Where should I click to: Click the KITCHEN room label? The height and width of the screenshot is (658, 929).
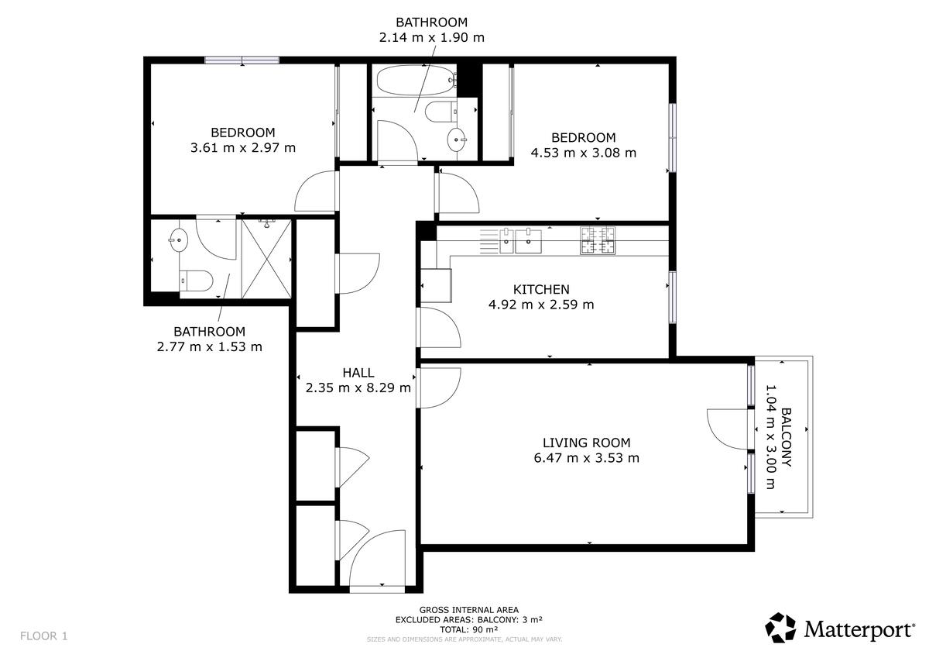pos(541,289)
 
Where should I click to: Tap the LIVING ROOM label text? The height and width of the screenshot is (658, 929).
pos(587,443)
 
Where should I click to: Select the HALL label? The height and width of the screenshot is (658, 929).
pos(358,373)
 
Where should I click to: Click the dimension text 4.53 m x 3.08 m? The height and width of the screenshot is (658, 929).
pos(583,153)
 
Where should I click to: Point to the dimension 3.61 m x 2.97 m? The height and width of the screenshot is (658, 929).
pos(243,148)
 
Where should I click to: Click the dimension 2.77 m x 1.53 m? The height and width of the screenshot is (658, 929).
pos(210,346)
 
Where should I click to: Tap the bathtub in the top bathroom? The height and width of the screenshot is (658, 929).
pos(417,80)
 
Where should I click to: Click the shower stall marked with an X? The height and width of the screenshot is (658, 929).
pos(266,259)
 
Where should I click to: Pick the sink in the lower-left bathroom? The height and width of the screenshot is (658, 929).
pos(178,240)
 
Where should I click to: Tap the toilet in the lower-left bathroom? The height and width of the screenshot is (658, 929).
pos(196,281)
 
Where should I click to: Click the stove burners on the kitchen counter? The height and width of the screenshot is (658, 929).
pos(598,240)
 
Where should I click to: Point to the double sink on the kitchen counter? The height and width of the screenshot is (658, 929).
pos(520,241)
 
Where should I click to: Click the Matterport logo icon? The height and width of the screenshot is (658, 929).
pos(780,627)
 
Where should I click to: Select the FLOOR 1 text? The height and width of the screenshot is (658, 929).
pos(43,636)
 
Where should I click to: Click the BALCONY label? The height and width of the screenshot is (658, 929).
pos(787,437)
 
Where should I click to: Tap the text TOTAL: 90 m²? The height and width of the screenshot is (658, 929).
pos(468,629)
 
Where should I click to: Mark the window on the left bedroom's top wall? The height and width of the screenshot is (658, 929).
pos(242,60)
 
